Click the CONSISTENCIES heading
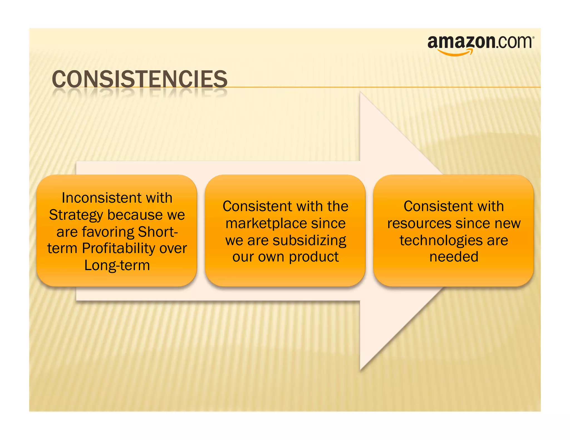coord(140,79)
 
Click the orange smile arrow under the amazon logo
coord(455,53)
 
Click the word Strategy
coord(76,215)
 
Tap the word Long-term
coord(117,265)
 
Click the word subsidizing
coord(309,240)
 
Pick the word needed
coord(454,256)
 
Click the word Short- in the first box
coord(158,232)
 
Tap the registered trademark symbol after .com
coord(533,37)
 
